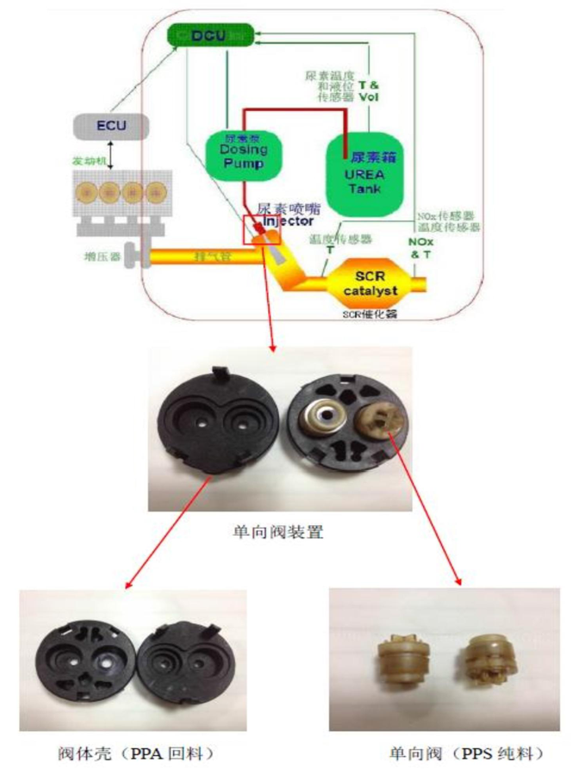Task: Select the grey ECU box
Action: point(111,127)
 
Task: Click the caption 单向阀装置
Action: point(286,531)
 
